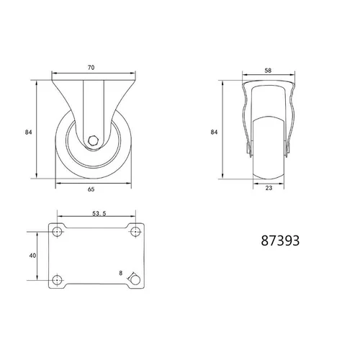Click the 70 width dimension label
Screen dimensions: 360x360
91,68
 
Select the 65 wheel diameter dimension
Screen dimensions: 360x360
91,189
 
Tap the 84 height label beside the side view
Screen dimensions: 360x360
29,132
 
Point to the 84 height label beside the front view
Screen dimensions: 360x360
214,132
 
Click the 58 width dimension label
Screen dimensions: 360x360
268,71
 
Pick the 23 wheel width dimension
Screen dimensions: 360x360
269,188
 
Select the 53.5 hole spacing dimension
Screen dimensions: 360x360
99,213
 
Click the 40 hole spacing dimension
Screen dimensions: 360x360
32,256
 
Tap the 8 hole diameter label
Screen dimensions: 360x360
121,273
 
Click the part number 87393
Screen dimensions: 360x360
280,240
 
